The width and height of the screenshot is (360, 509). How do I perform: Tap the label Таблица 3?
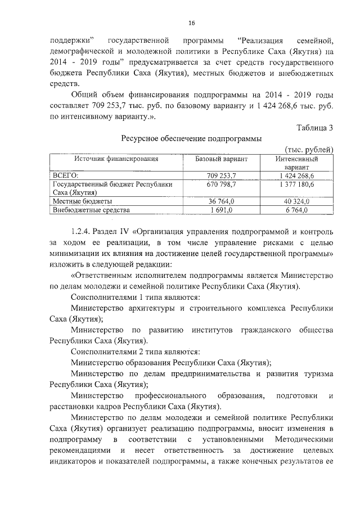(x=315, y=128)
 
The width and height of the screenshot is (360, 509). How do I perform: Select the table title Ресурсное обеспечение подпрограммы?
(x=191, y=138)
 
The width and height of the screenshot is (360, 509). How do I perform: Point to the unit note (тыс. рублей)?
(x=310, y=149)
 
